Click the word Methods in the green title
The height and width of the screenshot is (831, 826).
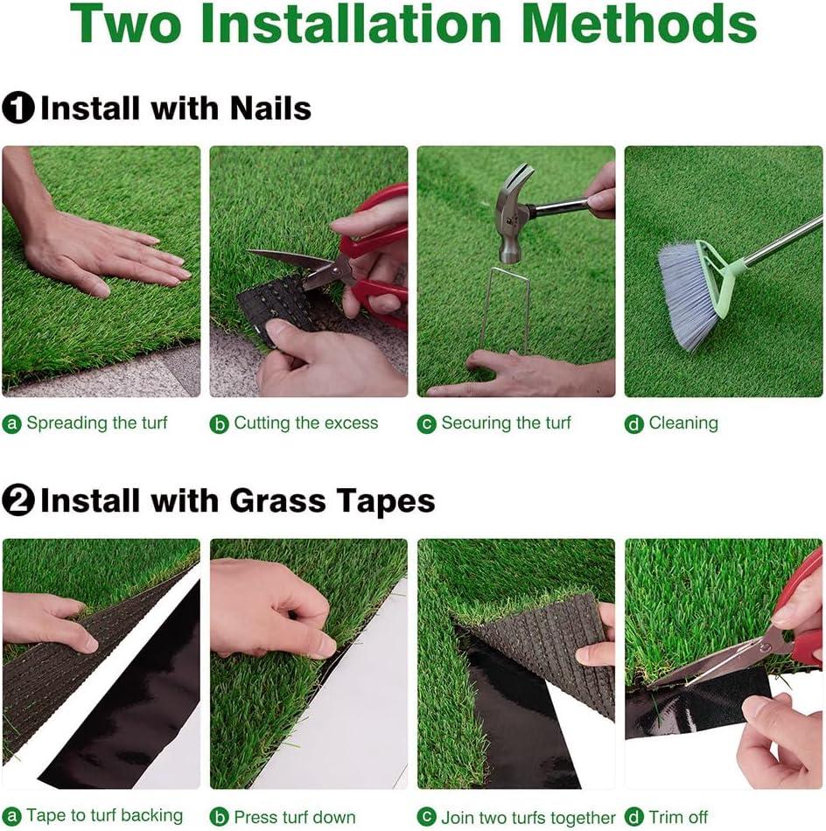click(x=639, y=24)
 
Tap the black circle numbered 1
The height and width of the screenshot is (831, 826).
click(x=17, y=108)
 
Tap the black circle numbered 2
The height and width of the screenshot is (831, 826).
click(x=17, y=500)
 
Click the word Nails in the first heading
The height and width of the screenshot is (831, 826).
click(x=270, y=108)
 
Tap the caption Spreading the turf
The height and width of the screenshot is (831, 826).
click(x=97, y=422)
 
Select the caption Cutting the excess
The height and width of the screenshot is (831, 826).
click(x=306, y=422)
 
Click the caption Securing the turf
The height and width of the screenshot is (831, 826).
click(x=507, y=422)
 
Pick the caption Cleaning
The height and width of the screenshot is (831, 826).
click(x=683, y=422)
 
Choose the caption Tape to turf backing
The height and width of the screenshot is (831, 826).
click(x=104, y=815)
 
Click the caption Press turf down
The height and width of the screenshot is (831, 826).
click(x=295, y=816)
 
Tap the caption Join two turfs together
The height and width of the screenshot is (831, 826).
click(x=528, y=817)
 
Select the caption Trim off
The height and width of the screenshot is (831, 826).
click(x=678, y=816)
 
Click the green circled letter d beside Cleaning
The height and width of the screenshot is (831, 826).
click(x=634, y=424)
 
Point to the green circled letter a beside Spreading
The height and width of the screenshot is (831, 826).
click(x=11, y=424)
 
